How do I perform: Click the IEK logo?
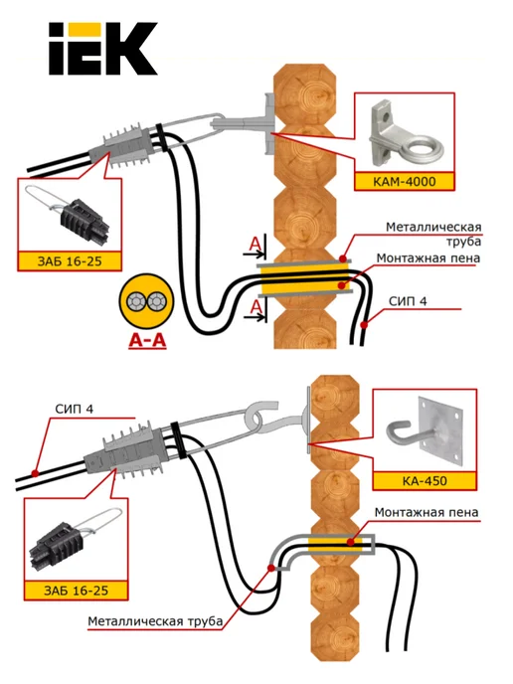pos(103,49)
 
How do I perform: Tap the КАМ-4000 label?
pos(405,182)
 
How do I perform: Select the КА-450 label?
pos(425,481)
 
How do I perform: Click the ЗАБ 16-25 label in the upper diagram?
pos(70,261)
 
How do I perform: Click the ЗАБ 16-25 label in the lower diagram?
pos(76,591)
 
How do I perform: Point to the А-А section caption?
pos(147,341)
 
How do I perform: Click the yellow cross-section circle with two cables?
pos(146,302)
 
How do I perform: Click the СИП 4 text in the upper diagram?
pos(408,301)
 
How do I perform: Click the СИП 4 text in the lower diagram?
pos(75,410)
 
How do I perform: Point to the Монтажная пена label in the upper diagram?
pos(428,257)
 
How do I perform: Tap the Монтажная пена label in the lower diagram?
pos(427,512)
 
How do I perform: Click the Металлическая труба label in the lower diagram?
pos(155,621)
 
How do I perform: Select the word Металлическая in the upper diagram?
pos(433,227)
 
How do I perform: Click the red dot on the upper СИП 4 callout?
pos(364,324)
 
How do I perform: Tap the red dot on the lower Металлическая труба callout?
pos(271,568)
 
